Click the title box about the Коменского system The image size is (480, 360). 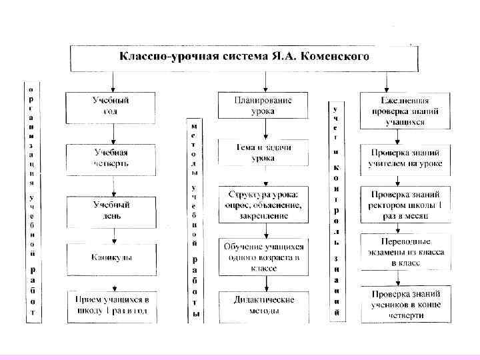click(x=243, y=57)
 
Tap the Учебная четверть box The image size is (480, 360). click(x=111, y=158)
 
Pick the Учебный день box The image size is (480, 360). click(x=111, y=209)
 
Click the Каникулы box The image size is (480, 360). click(x=111, y=257)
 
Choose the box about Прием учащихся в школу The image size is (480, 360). click(x=111, y=305)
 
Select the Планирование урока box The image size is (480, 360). click(x=263, y=106)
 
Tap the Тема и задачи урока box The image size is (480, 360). click(x=263, y=153)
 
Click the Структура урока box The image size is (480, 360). click(x=263, y=205)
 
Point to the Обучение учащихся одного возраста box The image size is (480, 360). click(x=263, y=257)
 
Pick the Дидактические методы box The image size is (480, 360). click(x=263, y=305)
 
